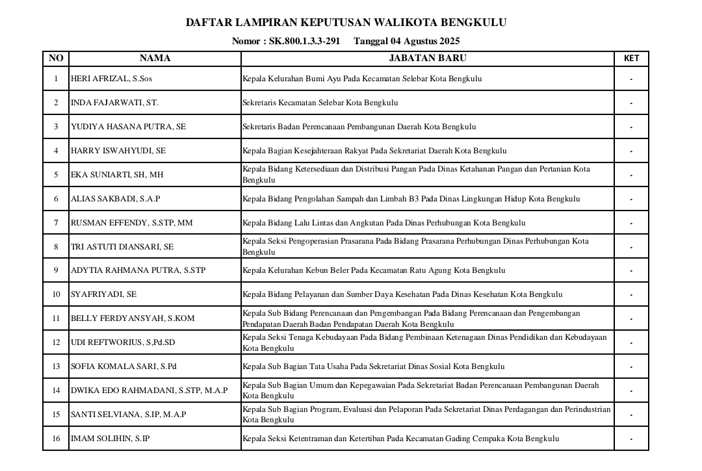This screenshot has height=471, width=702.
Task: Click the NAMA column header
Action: pyautogui.click(x=155, y=58)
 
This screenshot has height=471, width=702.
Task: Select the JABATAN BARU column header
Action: pyautogui.click(x=427, y=58)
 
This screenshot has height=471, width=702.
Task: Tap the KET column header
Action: pyautogui.click(x=631, y=58)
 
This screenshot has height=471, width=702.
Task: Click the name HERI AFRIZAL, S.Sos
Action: pyautogui.click(x=111, y=79)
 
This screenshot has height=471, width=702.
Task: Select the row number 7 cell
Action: pyautogui.click(x=56, y=223)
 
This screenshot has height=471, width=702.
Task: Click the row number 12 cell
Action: pyautogui.click(x=56, y=342)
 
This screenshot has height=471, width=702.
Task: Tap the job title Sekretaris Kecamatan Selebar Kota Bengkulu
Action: pyautogui.click(x=320, y=103)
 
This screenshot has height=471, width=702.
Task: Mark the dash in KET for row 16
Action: pyautogui.click(x=631, y=439)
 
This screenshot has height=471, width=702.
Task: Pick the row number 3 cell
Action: pyautogui.click(x=56, y=127)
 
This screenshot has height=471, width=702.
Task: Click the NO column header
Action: pyautogui.click(x=56, y=58)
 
